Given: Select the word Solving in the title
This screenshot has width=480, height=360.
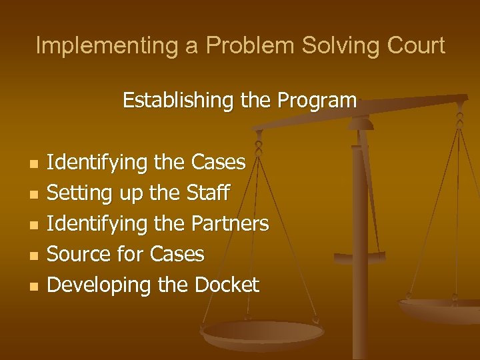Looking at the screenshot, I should [x=333, y=45].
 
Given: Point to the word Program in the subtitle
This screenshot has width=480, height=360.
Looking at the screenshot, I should [x=317, y=101].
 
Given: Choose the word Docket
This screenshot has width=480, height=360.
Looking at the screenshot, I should [x=227, y=285].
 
